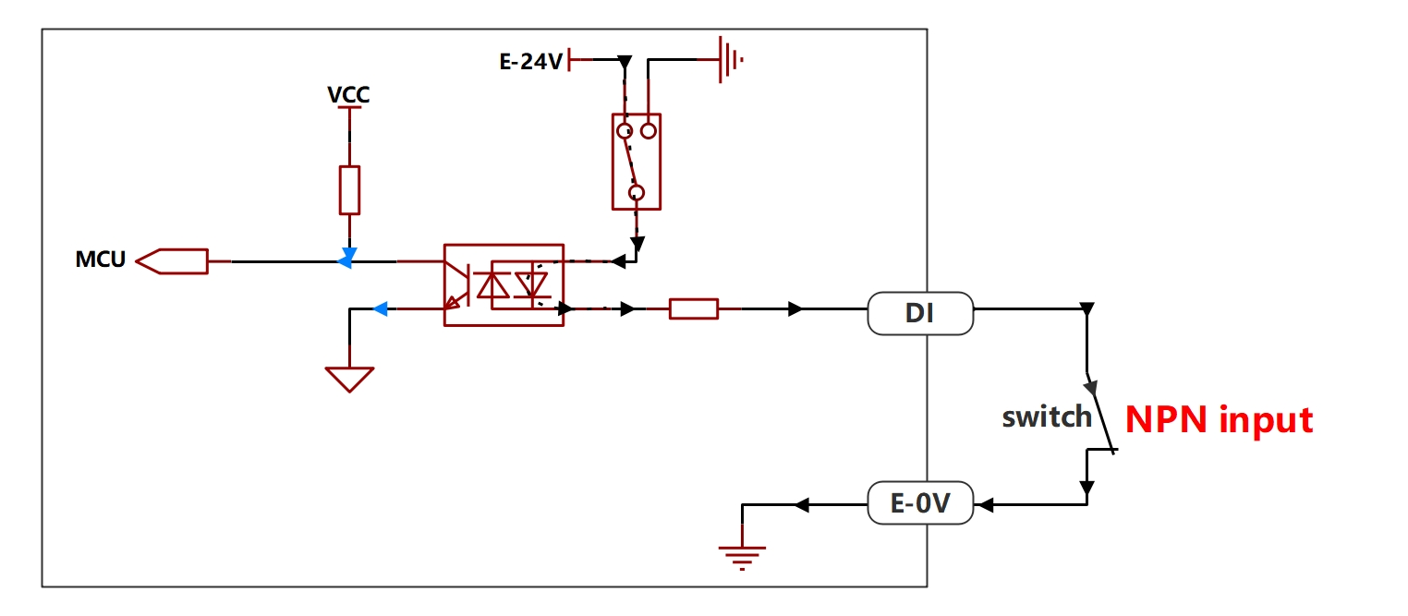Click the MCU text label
click(101, 260)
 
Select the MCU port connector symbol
click(172, 261)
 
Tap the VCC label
click(349, 95)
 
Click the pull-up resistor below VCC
click(349, 190)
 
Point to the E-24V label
click(531, 62)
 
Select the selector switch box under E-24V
click(637, 162)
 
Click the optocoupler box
click(504, 284)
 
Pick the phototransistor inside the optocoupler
click(457, 285)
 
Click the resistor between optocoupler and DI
click(694, 308)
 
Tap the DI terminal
click(920, 313)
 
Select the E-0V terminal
click(920, 502)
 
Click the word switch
click(1047, 417)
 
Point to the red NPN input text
click(1219, 420)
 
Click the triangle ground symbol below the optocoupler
click(349, 380)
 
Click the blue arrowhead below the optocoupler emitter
click(381, 308)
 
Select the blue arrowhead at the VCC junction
click(347, 258)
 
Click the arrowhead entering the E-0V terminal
click(987, 505)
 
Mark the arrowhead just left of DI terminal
click(795, 308)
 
